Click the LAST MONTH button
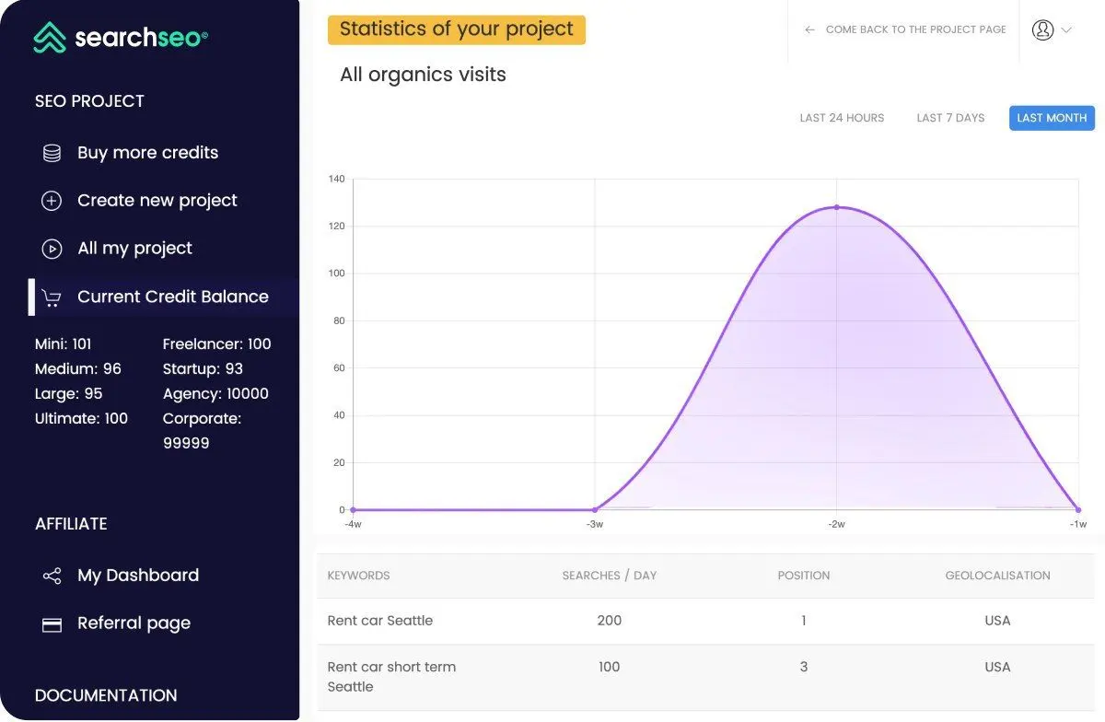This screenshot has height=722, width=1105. (x=1052, y=118)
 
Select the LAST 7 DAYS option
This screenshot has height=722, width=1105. (x=950, y=118)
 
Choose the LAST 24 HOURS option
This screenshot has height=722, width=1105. (x=842, y=118)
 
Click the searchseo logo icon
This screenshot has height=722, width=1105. (x=50, y=37)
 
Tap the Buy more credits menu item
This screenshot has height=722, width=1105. (x=147, y=153)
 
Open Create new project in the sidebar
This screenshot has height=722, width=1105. (x=157, y=201)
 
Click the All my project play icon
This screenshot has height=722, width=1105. (x=52, y=249)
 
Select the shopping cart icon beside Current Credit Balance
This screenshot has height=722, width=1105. (x=52, y=297)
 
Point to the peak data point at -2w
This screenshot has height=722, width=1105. (x=837, y=207)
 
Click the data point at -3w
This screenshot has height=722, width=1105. (x=595, y=509)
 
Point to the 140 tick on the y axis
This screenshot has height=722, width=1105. (x=336, y=179)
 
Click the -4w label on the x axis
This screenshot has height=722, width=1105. (x=353, y=524)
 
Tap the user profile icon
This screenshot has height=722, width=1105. (x=1042, y=30)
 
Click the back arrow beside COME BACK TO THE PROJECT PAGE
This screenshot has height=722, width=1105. (x=809, y=29)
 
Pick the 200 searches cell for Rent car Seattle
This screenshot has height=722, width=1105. (x=610, y=621)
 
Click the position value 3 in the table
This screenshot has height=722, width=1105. (x=804, y=667)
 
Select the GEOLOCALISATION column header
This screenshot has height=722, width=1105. (x=997, y=576)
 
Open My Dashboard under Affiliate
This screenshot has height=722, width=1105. (x=138, y=576)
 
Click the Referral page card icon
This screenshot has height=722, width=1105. (x=52, y=624)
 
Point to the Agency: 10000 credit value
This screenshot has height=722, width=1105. (x=215, y=393)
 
